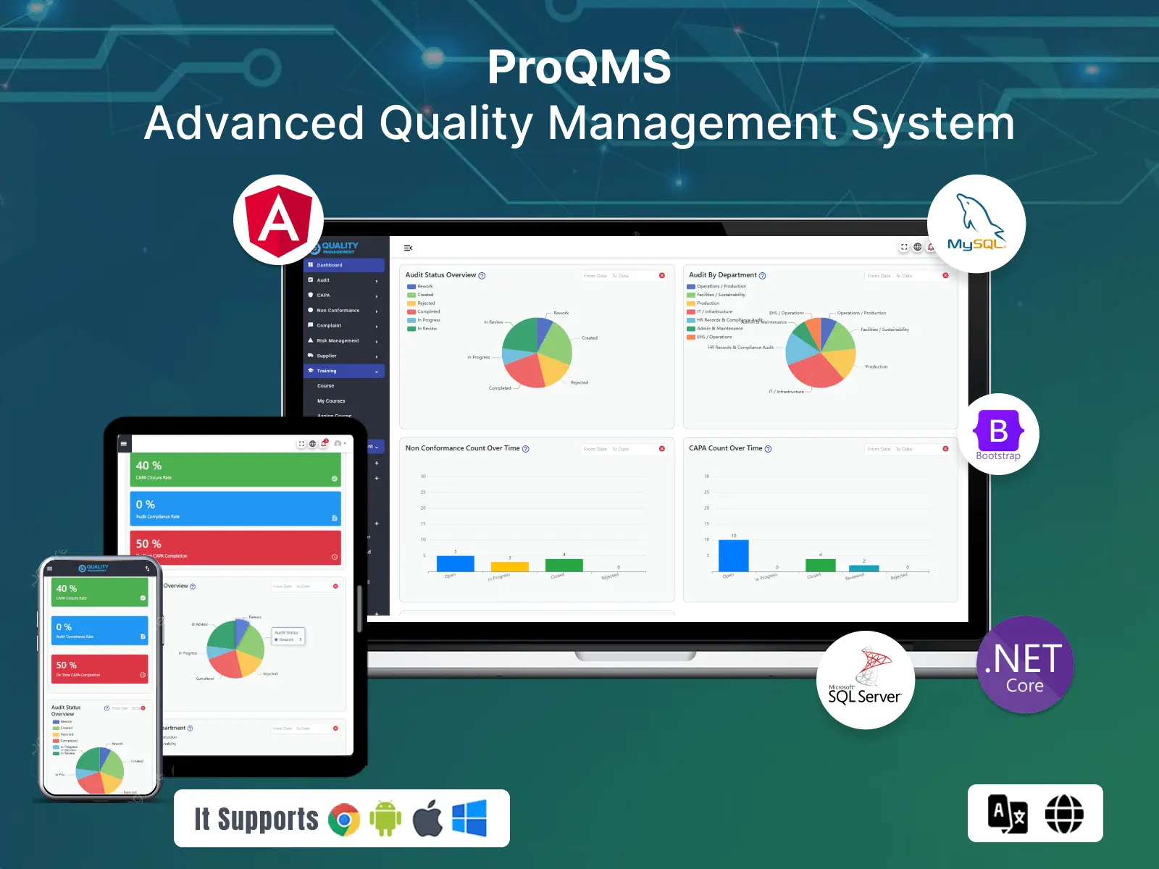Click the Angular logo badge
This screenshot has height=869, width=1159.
pyautogui.click(x=279, y=219)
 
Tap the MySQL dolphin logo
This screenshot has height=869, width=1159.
pyautogui.click(x=976, y=223)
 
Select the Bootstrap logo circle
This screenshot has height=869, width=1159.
pyautogui.click(x=998, y=434)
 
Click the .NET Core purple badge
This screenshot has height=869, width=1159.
pyautogui.click(x=1025, y=665)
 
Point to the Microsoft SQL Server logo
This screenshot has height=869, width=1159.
pyautogui.click(x=866, y=679)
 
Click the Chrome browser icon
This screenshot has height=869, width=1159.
pyautogui.click(x=344, y=820)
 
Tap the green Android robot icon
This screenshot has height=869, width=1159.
pyautogui.click(x=385, y=819)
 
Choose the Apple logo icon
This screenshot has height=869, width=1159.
pyautogui.click(x=427, y=819)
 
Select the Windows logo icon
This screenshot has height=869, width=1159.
pyautogui.click(x=469, y=819)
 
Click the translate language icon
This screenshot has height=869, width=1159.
pyautogui.click(x=1008, y=814)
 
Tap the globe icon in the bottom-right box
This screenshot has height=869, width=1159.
pyautogui.click(x=1064, y=814)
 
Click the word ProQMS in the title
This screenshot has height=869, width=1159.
pyautogui.click(x=579, y=67)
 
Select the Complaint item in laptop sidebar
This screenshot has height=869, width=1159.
pyautogui.click(x=329, y=326)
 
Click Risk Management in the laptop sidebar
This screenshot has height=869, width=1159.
pyautogui.click(x=338, y=340)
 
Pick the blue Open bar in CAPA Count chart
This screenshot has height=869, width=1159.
pyautogui.click(x=733, y=555)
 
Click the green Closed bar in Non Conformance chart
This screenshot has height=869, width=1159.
pyautogui.click(x=564, y=565)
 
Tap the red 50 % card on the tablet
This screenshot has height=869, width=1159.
pyautogui.click(x=235, y=547)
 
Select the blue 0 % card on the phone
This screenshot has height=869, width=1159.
pyautogui.click(x=101, y=630)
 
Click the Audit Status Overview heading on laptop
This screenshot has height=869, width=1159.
pyautogui.click(x=440, y=275)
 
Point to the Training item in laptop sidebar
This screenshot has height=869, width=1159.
pyautogui.click(x=327, y=371)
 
